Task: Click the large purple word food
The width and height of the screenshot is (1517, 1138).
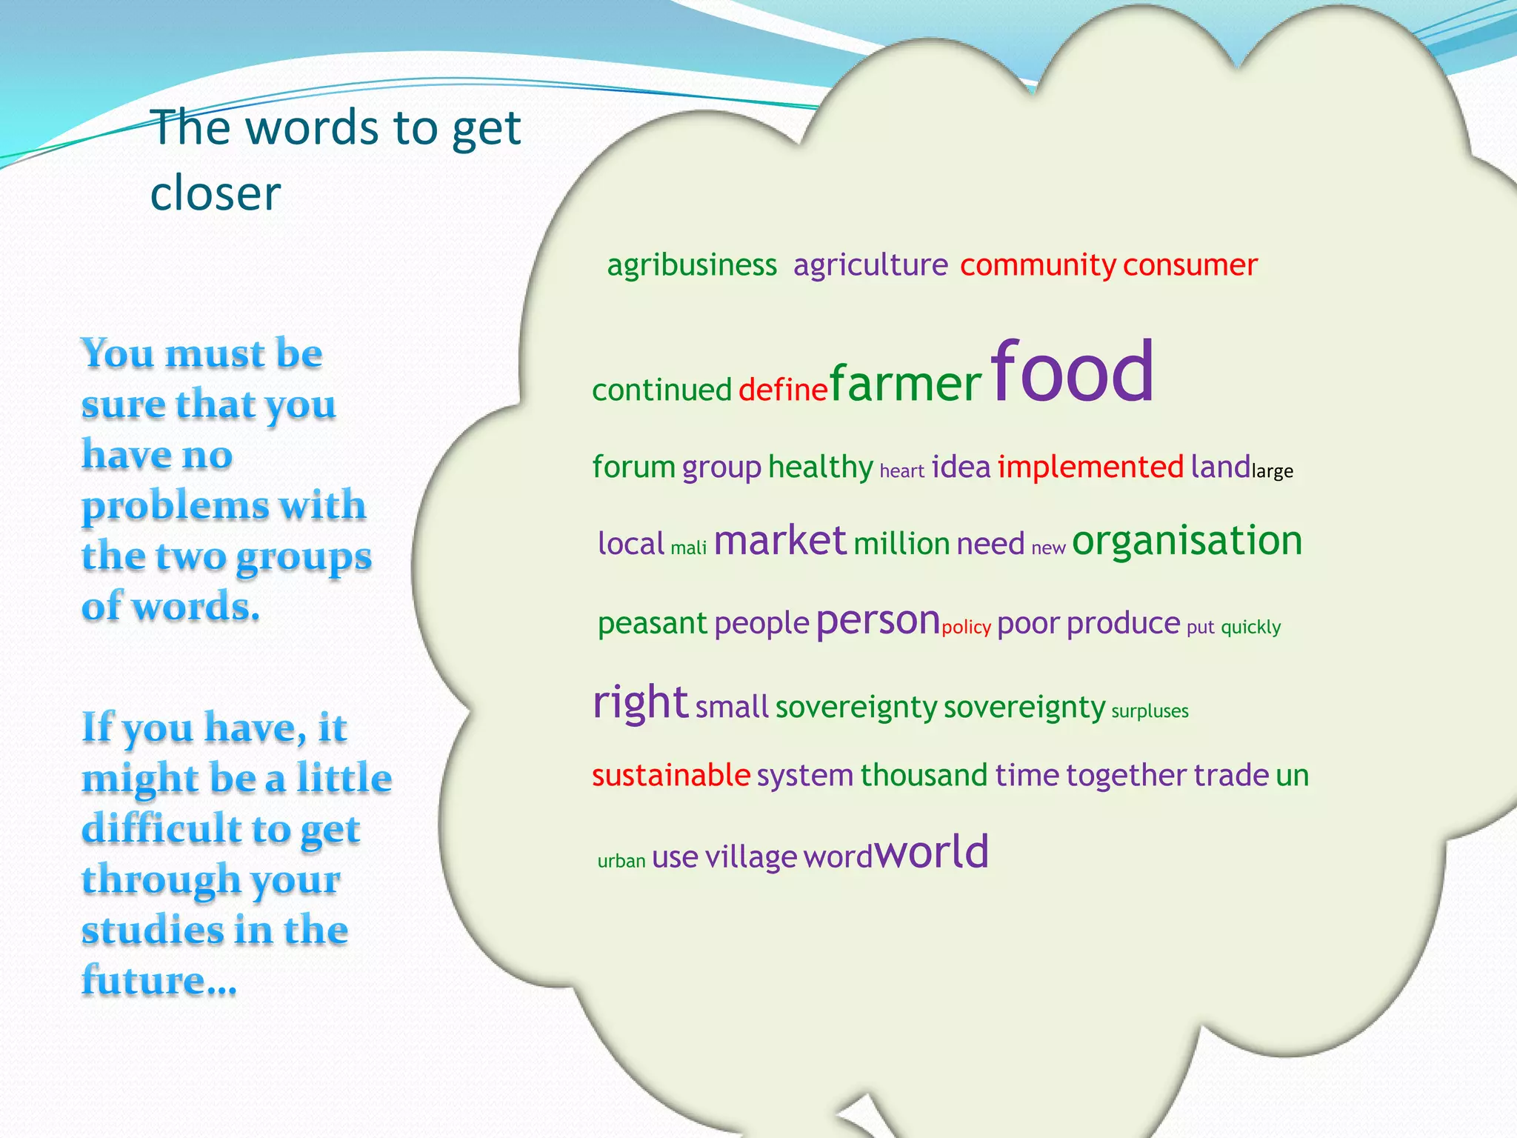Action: click(1072, 372)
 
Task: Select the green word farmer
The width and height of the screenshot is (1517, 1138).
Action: click(905, 384)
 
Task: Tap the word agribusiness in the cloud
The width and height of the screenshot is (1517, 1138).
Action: click(692, 265)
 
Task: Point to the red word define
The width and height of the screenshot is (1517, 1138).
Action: click(782, 390)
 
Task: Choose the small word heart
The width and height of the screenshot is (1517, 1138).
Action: click(901, 471)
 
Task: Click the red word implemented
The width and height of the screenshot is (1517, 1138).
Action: click(1090, 467)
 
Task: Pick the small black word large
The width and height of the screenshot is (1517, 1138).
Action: click(1272, 472)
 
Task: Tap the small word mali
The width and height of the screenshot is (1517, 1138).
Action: click(688, 548)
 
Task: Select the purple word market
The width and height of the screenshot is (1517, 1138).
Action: click(779, 541)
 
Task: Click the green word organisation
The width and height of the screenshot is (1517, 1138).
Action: click(1187, 541)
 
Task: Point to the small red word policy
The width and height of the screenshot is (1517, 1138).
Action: click(966, 628)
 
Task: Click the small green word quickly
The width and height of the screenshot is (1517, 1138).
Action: click(1250, 628)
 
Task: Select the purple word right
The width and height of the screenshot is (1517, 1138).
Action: click(641, 702)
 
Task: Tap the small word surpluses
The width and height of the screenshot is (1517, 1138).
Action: click(1150, 711)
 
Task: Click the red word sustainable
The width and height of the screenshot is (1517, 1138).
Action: click(671, 776)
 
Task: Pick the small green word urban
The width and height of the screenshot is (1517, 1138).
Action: click(621, 861)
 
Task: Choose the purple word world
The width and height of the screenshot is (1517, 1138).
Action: click(932, 852)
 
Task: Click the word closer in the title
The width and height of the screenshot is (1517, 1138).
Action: click(216, 194)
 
